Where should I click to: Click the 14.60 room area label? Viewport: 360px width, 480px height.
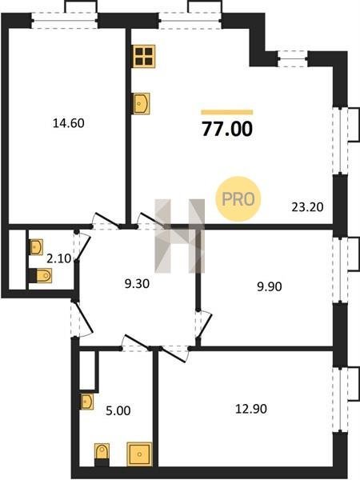(x=69, y=123)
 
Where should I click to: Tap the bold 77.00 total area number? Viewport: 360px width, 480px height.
(x=227, y=129)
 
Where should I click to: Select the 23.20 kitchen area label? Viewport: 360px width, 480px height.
(x=307, y=207)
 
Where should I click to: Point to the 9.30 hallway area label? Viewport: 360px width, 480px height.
(x=137, y=284)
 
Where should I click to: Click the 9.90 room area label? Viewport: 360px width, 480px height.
(x=270, y=287)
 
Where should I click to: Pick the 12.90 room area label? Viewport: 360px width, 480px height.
(x=251, y=409)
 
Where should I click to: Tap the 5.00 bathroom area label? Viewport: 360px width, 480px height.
(x=118, y=411)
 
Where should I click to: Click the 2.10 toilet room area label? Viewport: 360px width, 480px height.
(x=58, y=259)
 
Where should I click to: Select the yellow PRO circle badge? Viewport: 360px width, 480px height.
(x=238, y=199)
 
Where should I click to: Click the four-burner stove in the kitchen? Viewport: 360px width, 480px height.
(x=144, y=56)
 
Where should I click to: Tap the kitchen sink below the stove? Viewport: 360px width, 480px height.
(x=142, y=104)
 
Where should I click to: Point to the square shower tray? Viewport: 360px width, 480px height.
(x=139, y=454)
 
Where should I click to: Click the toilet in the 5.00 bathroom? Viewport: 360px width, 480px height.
(x=102, y=454)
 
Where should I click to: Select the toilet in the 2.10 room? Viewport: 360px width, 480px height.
(x=41, y=275)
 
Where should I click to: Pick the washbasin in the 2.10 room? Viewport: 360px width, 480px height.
(x=36, y=247)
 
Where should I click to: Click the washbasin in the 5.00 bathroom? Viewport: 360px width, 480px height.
(x=87, y=402)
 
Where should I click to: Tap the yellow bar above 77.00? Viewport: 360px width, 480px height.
(x=227, y=112)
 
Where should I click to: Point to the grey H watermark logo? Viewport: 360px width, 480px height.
(x=180, y=236)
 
